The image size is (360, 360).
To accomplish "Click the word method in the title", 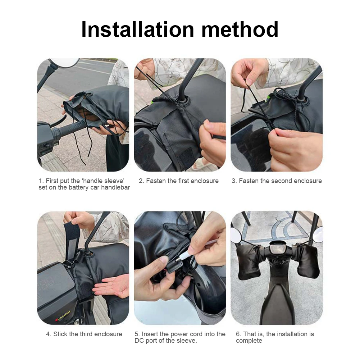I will pos(240,29).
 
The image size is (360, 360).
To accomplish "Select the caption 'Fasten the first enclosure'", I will pos(179,181).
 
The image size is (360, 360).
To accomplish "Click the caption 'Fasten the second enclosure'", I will pos(277,181).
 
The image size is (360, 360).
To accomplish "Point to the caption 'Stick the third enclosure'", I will pos(84,334).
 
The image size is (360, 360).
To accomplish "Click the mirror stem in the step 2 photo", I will pos(191,76).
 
